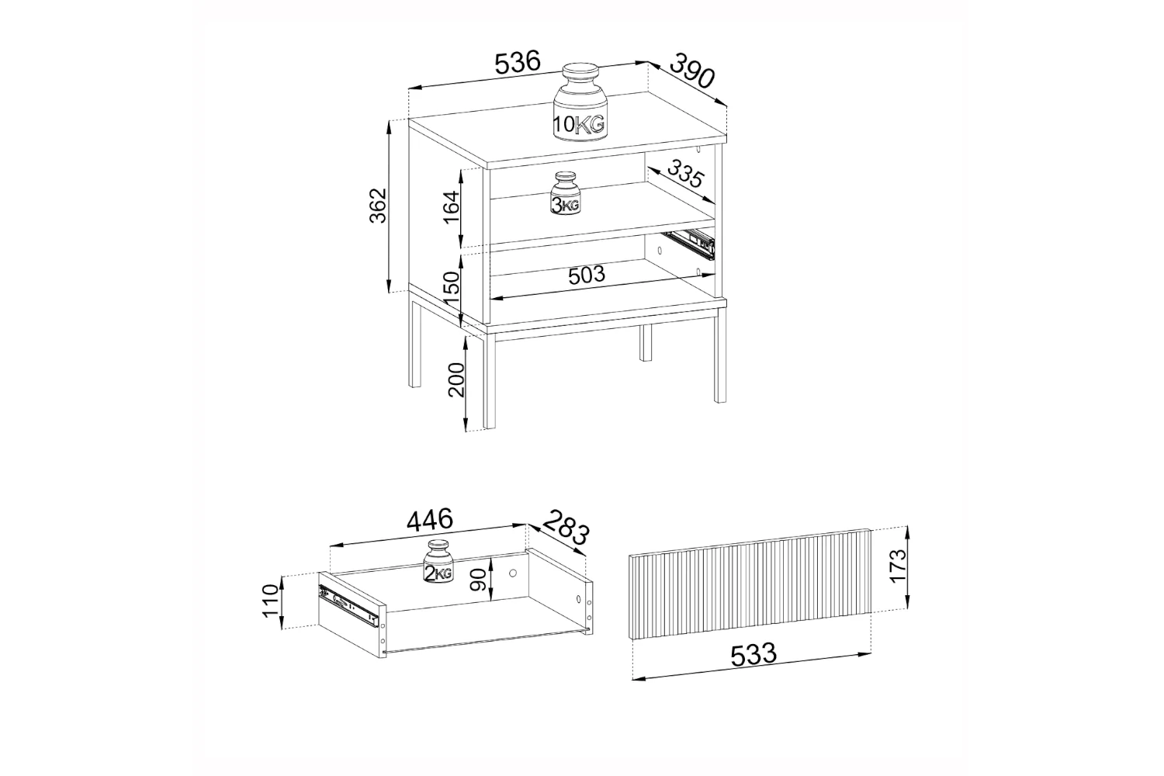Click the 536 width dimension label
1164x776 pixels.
518,63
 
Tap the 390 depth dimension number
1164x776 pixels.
691,70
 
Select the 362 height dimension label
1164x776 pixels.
379,206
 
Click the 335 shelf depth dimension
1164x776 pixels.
685,174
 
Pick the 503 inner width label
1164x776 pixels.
587,275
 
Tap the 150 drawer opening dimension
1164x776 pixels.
452,289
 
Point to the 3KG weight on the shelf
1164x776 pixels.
566,192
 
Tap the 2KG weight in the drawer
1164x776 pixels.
439,561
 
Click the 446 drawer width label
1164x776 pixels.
430,520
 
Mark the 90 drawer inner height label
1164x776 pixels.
478,580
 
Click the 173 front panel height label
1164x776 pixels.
897,566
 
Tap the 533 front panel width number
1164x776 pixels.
753,654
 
